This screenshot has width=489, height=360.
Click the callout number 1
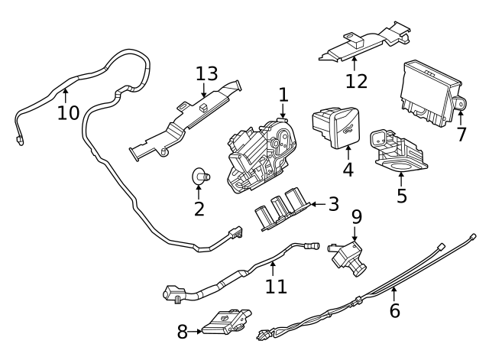coord(283,96)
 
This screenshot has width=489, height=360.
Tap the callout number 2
coord(199,208)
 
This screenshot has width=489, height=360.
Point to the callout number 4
coord(348,169)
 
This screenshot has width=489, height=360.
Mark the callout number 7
coord(461,135)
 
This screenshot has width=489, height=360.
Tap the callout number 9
coord(356,216)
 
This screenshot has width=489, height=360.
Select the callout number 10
coord(68,112)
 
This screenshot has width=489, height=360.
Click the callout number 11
coord(275,286)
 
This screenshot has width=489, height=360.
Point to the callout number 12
coord(356,80)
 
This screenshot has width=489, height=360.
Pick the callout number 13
coord(206,74)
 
